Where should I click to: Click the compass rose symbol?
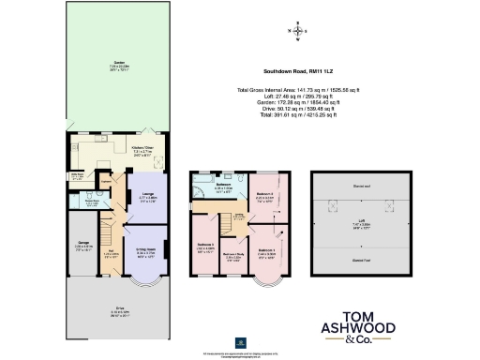pos(299,33)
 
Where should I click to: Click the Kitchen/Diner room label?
pos(144,147)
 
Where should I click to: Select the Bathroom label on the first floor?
pos(224,186)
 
